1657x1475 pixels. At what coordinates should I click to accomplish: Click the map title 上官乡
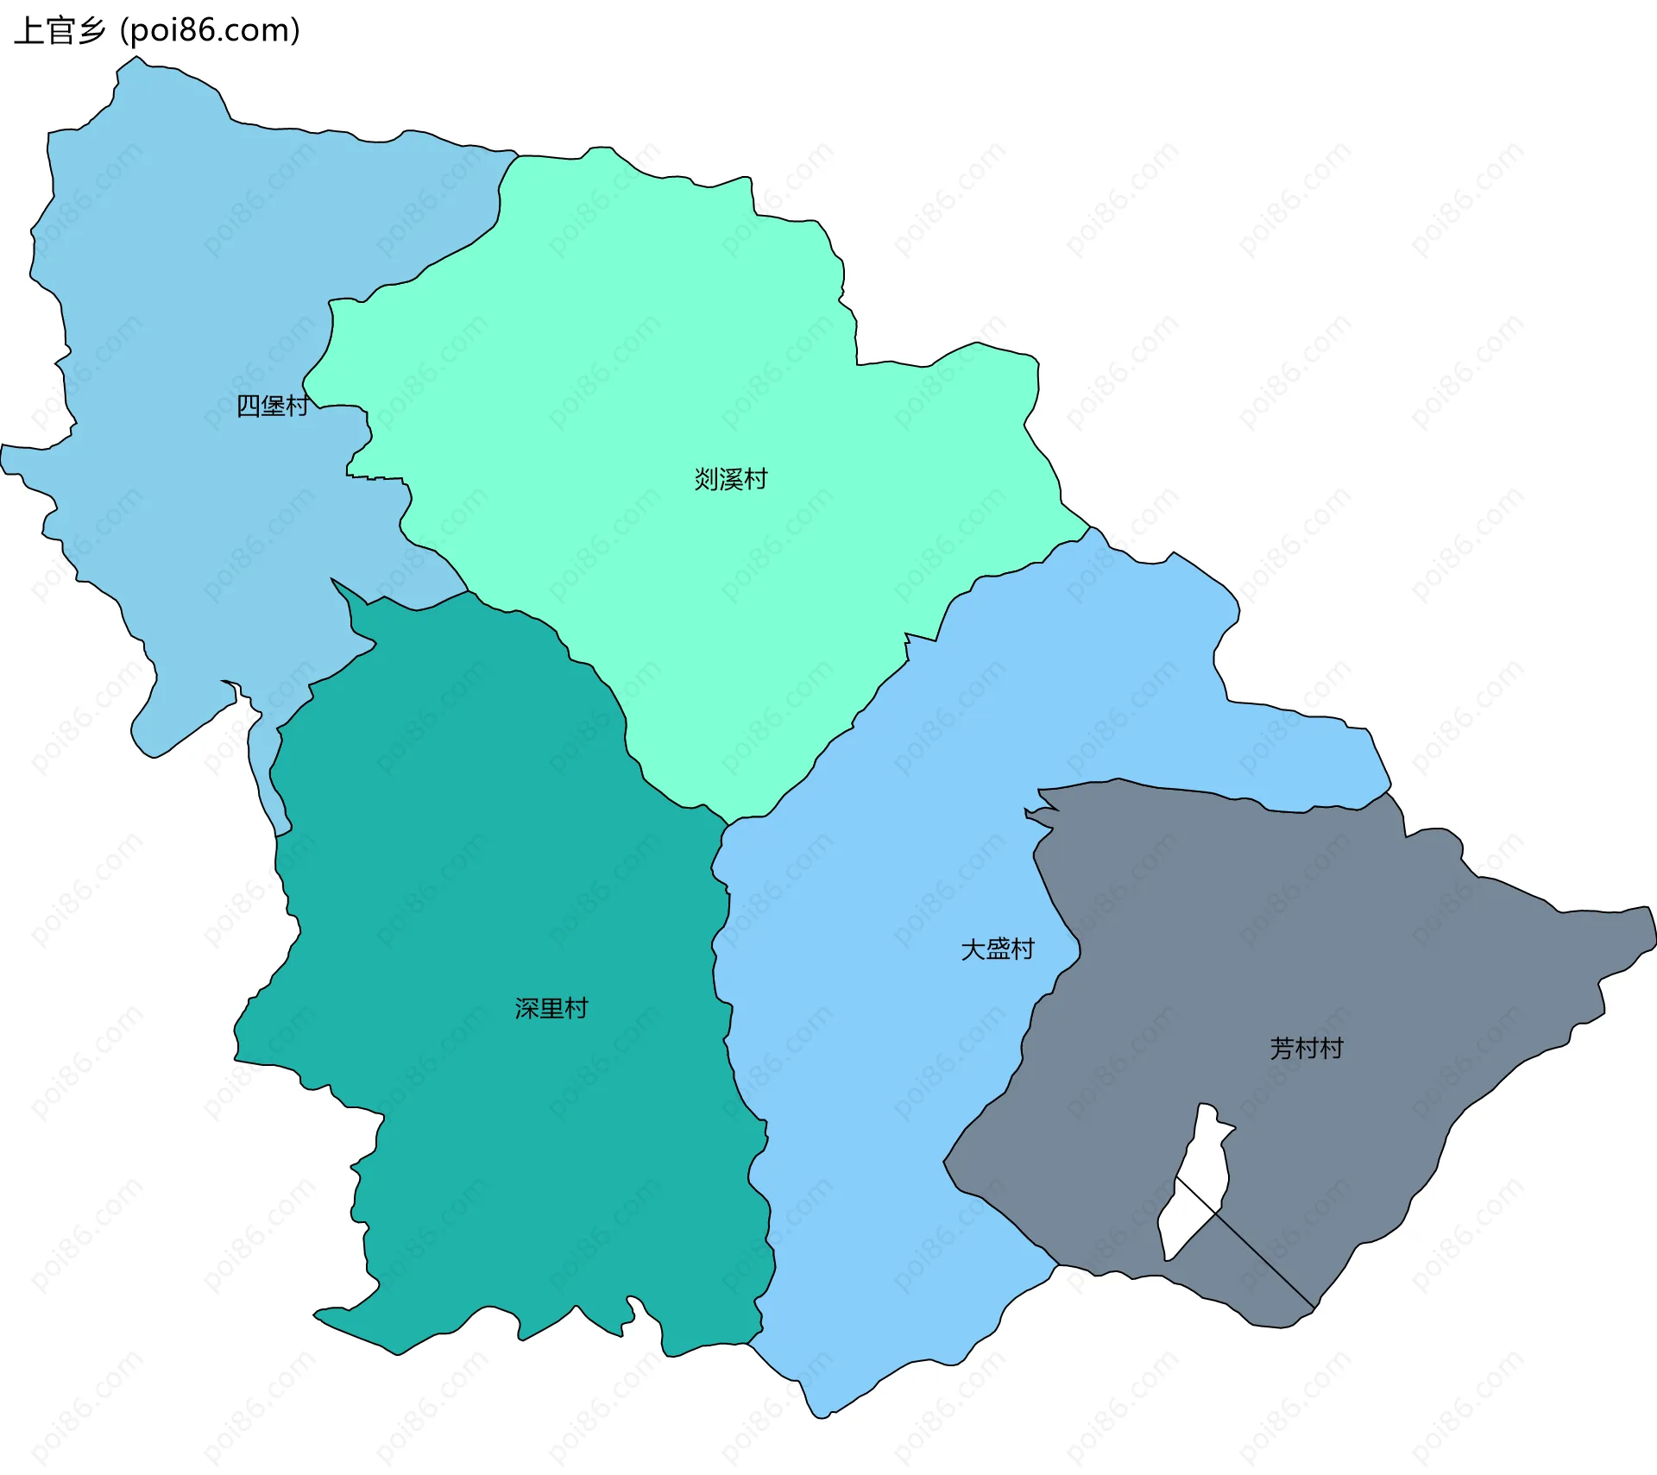coord(59,31)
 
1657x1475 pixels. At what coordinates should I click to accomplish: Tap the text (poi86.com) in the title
coord(210,31)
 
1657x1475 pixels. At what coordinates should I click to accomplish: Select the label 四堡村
coord(273,406)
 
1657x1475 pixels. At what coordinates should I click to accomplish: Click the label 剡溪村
coord(731,479)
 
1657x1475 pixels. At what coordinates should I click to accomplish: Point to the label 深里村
coord(551,1008)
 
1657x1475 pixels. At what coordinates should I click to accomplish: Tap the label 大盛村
coord(998,949)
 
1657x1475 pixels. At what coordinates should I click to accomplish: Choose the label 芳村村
coord(1307,1049)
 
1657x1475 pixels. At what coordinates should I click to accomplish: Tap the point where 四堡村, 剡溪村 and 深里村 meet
coord(468,591)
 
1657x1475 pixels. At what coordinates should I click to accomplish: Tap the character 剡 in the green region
coord(706,479)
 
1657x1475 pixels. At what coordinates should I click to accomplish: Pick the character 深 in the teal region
coord(526,1008)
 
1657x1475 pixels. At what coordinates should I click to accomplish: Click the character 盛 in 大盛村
coord(998,949)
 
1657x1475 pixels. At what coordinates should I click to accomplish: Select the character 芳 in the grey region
coord(1282,1049)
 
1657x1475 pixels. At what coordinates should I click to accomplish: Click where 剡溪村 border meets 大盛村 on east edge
coord(1089,526)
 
